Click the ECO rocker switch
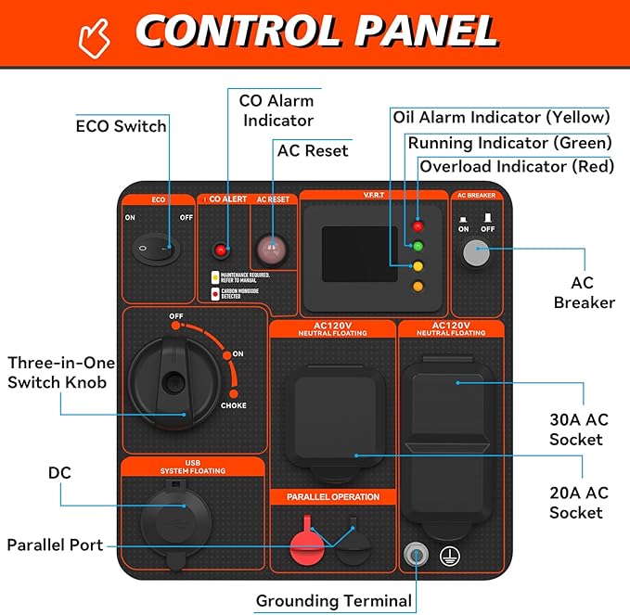click(153, 249)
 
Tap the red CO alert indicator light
click(221, 250)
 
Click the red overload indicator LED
click(418, 225)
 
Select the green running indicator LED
click(418, 247)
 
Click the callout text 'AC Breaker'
click(585, 292)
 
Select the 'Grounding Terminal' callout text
click(333, 601)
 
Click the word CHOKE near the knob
click(233, 405)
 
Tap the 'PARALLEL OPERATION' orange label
click(332, 497)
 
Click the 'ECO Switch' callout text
click(121, 126)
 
